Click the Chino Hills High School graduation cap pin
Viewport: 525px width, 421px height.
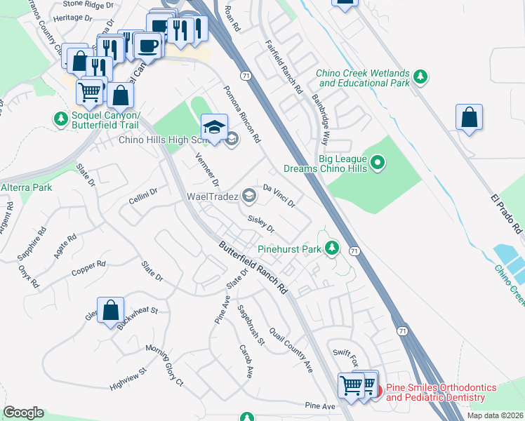[214, 127]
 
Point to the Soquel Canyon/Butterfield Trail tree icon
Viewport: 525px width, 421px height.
[60, 119]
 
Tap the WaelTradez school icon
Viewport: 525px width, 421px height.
[248, 196]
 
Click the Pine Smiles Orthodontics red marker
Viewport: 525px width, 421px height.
[376, 391]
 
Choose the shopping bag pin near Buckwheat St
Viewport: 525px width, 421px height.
[110, 310]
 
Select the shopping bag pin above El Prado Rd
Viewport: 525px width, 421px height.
[469, 117]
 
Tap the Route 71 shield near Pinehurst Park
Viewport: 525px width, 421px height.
[354, 250]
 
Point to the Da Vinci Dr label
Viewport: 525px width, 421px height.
[279, 196]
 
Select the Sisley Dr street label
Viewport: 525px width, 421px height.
[260, 223]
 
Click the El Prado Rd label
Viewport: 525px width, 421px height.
[506, 210]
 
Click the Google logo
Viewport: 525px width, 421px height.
[23, 413]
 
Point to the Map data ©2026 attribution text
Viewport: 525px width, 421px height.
[495, 415]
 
